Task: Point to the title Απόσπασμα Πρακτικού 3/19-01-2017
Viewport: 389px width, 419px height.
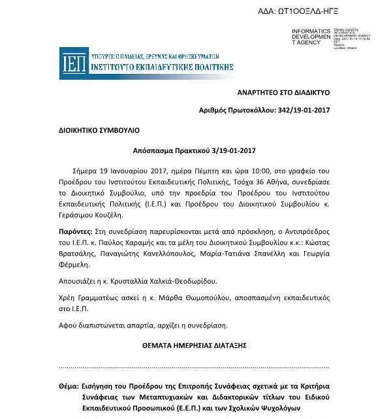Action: [x=195, y=150]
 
